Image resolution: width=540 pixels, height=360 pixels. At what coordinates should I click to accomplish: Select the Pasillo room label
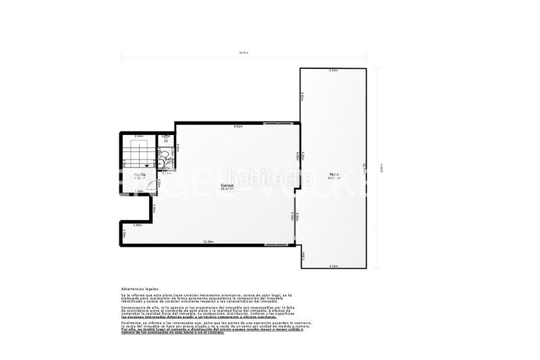[x=139, y=174]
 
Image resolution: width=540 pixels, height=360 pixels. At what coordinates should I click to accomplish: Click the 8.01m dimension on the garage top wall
[x=238, y=126]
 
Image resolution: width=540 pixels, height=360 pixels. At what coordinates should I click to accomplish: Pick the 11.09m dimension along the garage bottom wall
[x=208, y=241]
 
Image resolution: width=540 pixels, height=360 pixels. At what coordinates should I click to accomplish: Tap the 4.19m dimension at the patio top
[x=333, y=70]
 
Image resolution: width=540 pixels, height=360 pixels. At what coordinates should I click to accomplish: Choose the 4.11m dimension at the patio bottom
[x=333, y=266]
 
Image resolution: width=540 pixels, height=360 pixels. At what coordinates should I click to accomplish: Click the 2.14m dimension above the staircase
[x=139, y=136]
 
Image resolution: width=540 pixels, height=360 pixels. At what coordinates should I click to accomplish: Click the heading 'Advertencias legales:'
[x=140, y=288]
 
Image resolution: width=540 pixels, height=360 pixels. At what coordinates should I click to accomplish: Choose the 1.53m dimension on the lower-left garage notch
[x=137, y=225]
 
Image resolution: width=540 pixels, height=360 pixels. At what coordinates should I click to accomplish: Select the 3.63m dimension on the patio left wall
[x=303, y=97]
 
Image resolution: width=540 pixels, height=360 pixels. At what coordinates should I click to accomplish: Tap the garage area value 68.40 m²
[x=226, y=188]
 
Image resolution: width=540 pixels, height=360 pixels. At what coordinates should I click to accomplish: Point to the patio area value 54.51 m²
[x=333, y=178]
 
